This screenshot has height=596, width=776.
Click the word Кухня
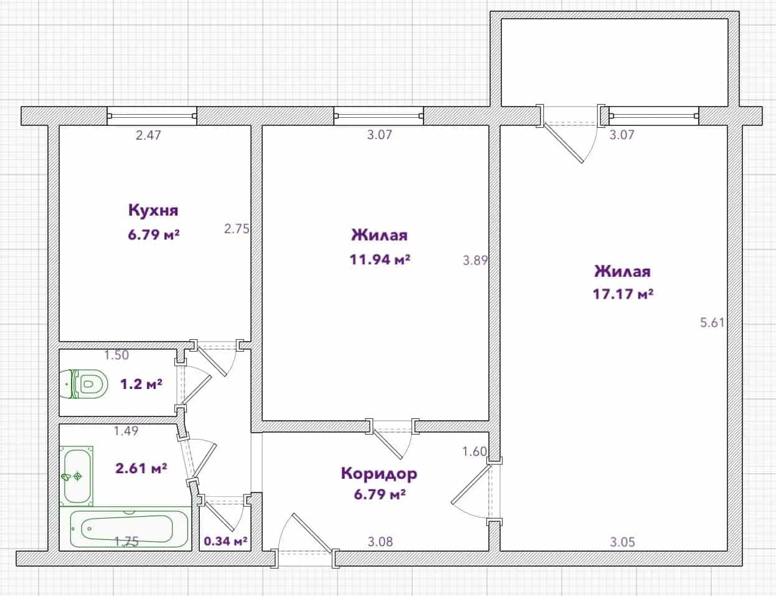click(x=153, y=210)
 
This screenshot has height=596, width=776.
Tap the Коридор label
click(x=379, y=474)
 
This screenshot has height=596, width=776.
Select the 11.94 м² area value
click(x=380, y=259)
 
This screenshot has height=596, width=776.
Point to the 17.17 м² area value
click(x=623, y=294)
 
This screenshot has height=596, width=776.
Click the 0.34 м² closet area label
click(x=225, y=541)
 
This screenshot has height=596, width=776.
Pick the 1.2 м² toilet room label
click(x=141, y=384)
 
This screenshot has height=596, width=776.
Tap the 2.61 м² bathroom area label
click(x=141, y=468)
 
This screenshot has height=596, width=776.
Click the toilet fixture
click(x=83, y=384)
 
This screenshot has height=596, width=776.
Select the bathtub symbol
click(x=130, y=529)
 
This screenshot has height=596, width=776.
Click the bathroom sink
click(x=77, y=476)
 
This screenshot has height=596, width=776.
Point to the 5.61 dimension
click(x=712, y=323)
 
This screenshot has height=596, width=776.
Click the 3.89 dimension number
click(x=475, y=261)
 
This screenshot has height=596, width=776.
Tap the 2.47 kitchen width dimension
click(x=149, y=135)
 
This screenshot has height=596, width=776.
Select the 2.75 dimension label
click(x=237, y=229)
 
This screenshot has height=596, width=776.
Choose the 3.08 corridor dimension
click(x=381, y=542)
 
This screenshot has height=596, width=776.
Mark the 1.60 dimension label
click(x=475, y=451)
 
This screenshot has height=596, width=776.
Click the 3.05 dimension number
click(x=622, y=542)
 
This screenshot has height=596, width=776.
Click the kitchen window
click(x=152, y=116)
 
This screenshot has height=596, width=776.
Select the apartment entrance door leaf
click(x=313, y=532)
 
